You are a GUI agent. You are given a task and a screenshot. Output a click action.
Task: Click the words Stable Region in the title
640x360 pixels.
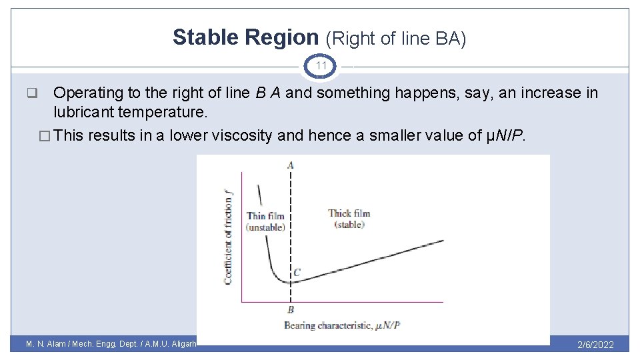[x=246, y=38]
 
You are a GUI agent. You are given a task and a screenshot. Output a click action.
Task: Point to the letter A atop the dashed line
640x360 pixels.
[x=291, y=165]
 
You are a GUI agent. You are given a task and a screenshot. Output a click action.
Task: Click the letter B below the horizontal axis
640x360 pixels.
[x=291, y=310]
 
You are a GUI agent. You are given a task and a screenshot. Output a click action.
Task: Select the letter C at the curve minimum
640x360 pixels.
[x=297, y=272]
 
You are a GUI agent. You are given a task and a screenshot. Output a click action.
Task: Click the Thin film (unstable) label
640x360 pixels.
[x=265, y=221]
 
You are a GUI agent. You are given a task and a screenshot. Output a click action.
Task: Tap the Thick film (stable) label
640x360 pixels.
[x=349, y=219]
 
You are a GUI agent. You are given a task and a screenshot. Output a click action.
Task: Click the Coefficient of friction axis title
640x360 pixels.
[x=228, y=236]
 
